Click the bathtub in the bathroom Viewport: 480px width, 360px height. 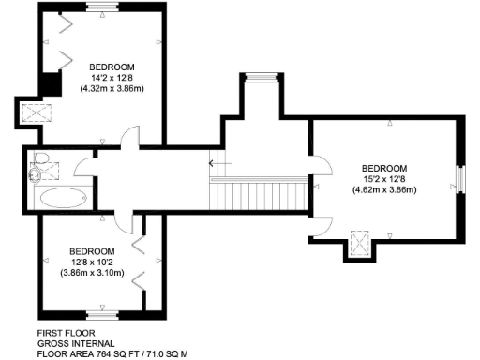click(x=61, y=199)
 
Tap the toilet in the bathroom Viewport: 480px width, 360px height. click(x=40, y=158)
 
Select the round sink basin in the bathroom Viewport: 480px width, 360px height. click(x=36, y=173)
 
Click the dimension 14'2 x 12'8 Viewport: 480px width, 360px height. click(x=112, y=78)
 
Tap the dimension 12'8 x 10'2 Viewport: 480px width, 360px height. click(x=92, y=262)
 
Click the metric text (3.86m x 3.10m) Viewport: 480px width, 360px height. click(x=92, y=273)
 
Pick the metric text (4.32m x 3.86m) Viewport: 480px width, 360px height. click(x=112, y=90)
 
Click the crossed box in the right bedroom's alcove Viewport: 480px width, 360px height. click(x=358, y=244)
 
